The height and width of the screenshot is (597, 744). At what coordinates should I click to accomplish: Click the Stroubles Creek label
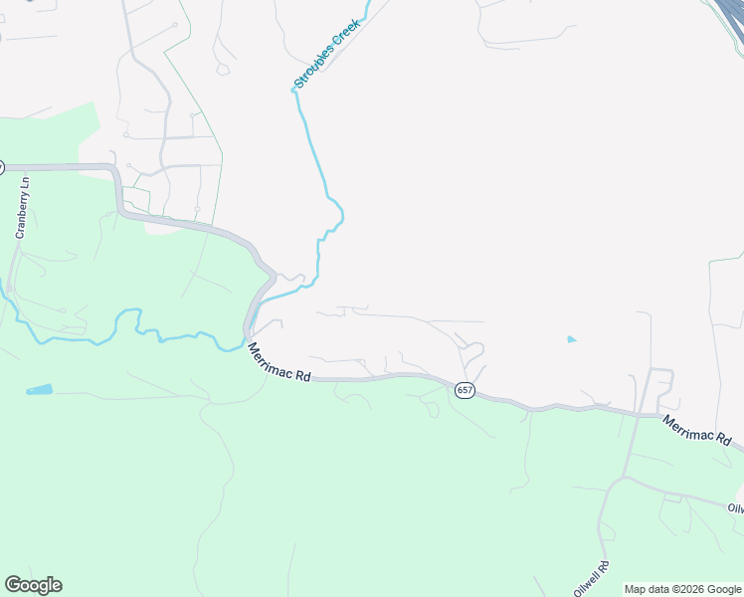327,52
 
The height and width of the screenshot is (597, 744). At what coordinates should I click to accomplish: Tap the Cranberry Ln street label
21,208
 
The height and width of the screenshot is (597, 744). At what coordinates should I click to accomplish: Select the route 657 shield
465,390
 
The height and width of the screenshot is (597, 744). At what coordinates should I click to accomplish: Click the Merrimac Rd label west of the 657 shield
279,364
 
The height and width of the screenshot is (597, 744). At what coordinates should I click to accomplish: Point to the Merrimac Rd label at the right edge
697,431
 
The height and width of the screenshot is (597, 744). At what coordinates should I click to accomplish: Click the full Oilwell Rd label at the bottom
590,569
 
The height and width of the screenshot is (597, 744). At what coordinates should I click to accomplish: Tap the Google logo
33,585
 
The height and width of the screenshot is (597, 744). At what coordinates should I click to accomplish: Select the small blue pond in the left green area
39,389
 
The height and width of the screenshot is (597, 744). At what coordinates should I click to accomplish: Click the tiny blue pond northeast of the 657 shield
571,339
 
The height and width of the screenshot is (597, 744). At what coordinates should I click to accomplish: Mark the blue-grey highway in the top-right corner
729,16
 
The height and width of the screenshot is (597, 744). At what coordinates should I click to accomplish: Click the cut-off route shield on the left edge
2,167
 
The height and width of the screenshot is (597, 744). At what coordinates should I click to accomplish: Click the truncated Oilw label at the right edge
736,507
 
